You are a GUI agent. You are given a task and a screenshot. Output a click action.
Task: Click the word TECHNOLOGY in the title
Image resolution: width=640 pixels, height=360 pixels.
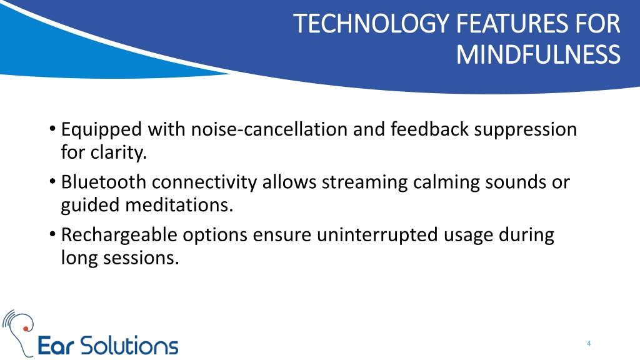coord(371,24)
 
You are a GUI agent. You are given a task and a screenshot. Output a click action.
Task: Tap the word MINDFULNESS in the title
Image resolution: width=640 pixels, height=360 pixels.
coord(538,55)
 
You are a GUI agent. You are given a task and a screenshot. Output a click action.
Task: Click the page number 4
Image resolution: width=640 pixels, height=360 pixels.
coord(589,344)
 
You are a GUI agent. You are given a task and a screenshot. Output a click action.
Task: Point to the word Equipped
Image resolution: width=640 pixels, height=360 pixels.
coord(101,130)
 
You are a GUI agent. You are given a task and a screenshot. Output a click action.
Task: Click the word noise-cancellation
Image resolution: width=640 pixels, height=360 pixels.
coord(269,129)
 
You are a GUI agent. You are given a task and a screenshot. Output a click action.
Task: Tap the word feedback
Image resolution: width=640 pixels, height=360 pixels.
coord(429,129)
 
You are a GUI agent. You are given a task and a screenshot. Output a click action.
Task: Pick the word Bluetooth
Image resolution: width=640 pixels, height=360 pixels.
coord(104,182)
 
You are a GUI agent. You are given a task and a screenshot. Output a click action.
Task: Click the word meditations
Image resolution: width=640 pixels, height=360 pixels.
coord(179,205)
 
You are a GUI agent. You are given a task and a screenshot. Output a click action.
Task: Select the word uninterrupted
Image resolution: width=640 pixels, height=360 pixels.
coord(377,236)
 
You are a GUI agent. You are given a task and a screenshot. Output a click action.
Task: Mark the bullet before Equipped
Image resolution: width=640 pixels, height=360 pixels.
coord(52,129)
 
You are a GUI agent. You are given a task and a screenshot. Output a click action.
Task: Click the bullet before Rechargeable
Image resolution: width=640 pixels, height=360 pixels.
coord(52,234)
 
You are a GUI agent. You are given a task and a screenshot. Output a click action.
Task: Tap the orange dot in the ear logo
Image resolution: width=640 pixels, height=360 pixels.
coord(26,329)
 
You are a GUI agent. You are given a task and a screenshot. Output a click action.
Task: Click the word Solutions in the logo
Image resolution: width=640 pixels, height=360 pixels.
coord(129,346)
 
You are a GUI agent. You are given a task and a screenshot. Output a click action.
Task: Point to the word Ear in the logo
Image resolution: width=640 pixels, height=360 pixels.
coord(56,346)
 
